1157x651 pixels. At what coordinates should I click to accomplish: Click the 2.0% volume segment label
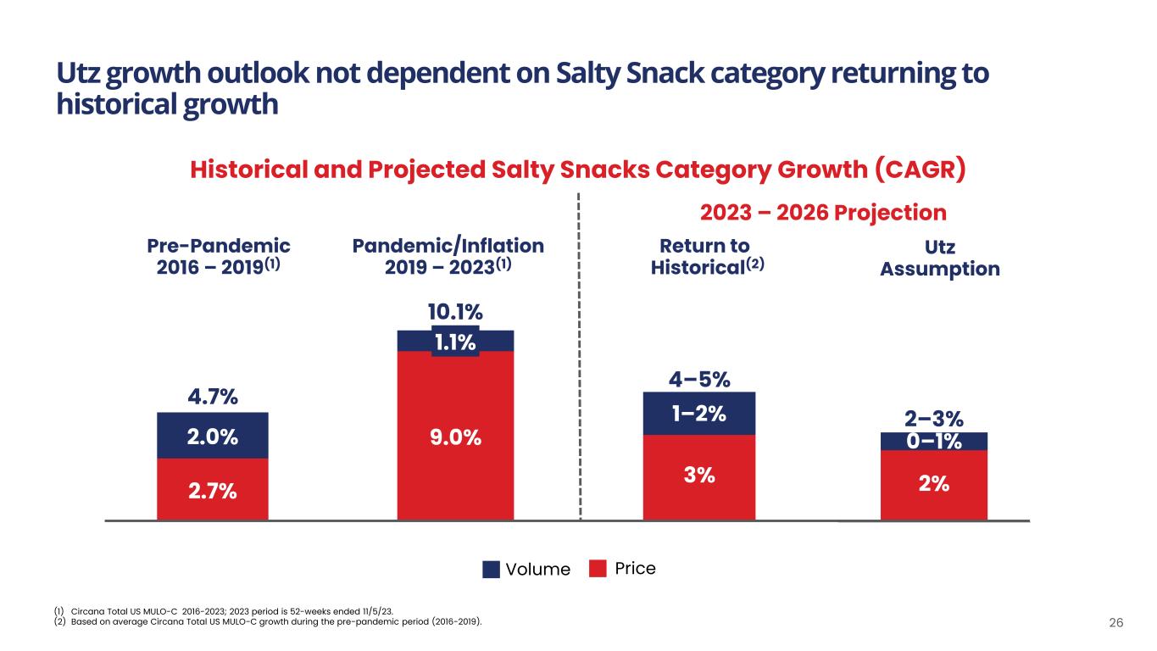[213, 437]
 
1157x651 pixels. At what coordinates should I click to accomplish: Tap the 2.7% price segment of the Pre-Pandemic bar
[213, 490]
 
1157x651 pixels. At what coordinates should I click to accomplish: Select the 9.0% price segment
[456, 437]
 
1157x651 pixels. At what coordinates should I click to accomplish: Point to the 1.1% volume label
[455, 342]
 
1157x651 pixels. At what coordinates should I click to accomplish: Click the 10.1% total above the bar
[455, 314]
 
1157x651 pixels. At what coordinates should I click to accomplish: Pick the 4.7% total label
[212, 397]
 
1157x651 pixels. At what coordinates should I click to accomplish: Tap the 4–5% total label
[698, 378]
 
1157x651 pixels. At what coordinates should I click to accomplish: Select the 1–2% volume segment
[698, 415]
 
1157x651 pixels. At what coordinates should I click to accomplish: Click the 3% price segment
[698, 476]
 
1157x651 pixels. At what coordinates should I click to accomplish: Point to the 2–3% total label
[933, 419]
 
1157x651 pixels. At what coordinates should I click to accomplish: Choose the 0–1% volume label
[933, 441]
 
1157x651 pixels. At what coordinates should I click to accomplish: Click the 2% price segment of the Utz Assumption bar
[933, 484]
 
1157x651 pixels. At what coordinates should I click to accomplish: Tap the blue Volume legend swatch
[491, 570]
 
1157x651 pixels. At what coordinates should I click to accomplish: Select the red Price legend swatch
[599, 569]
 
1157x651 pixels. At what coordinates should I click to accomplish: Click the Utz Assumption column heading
[939, 259]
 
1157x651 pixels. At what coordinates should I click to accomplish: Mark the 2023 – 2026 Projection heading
[820, 212]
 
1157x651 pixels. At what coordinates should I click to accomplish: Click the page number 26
[1116, 623]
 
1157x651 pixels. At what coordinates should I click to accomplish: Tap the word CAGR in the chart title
[920, 170]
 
